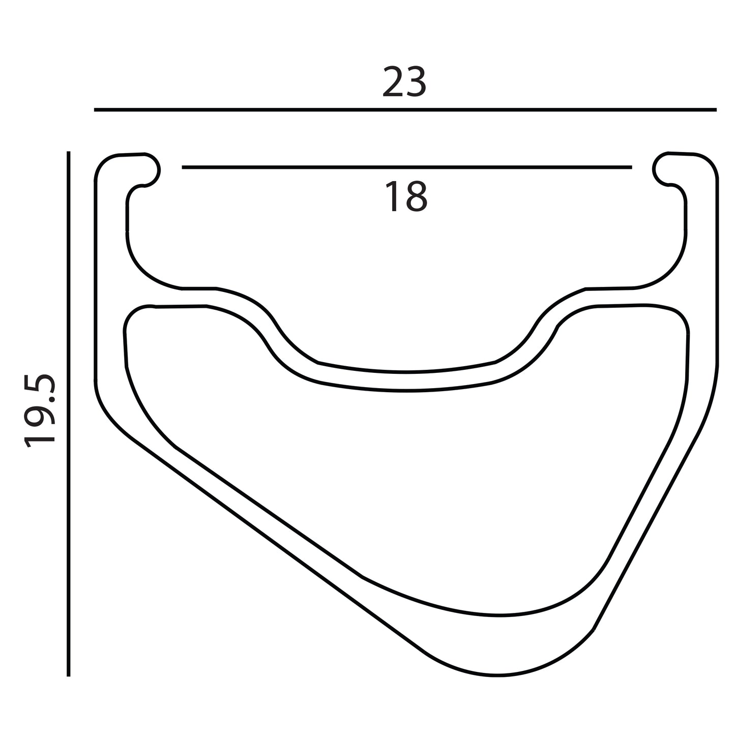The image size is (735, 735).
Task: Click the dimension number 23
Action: point(404,81)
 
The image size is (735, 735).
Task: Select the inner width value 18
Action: point(406,196)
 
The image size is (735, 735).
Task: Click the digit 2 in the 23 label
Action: point(393,81)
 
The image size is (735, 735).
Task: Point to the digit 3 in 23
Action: point(416,81)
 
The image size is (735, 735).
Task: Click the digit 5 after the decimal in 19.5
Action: point(40,385)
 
